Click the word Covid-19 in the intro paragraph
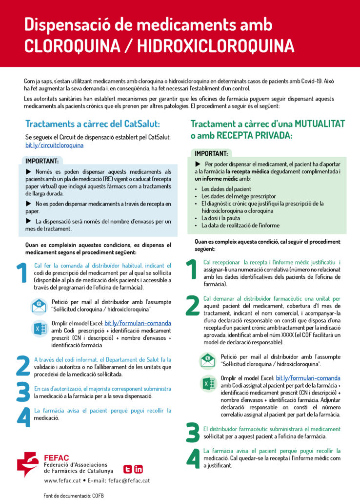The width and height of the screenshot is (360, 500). (x=301, y=81)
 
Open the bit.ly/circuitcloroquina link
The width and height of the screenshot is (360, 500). (x=54, y=145)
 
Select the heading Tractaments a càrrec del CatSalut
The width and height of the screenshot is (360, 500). (x=92, y=124)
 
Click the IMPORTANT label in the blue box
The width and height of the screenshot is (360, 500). (x=42, y=161)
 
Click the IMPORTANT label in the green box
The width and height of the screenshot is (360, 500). (x=211, y=153)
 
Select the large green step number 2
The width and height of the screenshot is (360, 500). (x=193, y=305)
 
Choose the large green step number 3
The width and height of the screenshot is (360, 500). (x=193, y=433)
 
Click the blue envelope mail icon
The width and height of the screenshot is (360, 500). (x=39, y=306)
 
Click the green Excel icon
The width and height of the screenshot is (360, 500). (x=208, y=384)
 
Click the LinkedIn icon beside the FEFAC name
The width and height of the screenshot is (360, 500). (x=139, y=469)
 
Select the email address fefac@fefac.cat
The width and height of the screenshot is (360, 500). (x=129, y=480)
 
